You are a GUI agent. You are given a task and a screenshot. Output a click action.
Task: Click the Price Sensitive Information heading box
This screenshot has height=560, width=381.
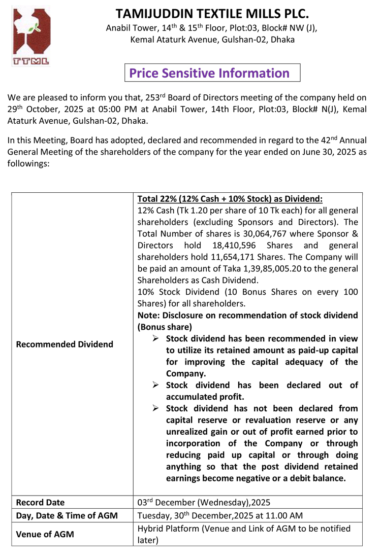point(212,73)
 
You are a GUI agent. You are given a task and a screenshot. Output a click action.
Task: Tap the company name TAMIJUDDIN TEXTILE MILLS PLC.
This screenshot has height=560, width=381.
point(212,14)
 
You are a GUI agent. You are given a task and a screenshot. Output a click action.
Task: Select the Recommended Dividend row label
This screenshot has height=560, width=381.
point(65,344)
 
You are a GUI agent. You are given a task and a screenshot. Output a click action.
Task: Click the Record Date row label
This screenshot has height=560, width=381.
point(41,503)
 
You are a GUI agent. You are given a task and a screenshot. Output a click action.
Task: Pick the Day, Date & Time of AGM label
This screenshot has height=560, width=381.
point(67,516)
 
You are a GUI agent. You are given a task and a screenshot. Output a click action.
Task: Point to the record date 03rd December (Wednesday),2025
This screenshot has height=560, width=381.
point(204,503)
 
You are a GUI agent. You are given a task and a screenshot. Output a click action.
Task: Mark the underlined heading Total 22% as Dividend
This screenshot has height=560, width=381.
point(230,199)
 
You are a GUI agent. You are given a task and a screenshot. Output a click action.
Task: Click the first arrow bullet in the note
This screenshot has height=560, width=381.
point(156,338)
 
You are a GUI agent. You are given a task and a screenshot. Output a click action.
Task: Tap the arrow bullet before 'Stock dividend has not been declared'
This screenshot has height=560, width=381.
point(156,408)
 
